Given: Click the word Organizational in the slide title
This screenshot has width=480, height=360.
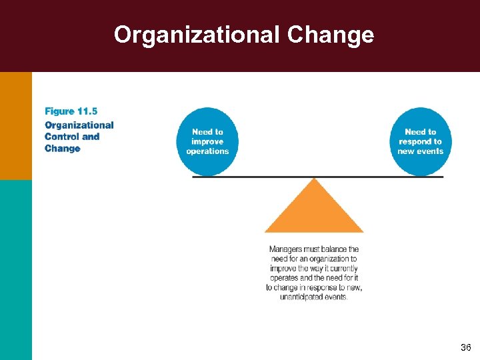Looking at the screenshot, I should click(x=197, y=34).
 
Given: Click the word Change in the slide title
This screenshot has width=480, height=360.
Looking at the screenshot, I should click(x=331, y=34).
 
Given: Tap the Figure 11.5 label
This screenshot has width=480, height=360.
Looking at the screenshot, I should click(x=71, y=111).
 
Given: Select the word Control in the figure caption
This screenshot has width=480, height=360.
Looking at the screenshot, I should click(x=62, y=137).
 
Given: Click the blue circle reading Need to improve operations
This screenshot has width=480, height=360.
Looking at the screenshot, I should click(x=207, y=141).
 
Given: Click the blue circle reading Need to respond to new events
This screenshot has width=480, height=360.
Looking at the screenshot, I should click(x=420, y=141).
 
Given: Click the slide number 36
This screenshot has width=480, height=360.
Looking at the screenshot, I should click(x=465, y=348).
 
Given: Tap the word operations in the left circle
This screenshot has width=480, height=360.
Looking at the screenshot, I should click(x=207, y=151).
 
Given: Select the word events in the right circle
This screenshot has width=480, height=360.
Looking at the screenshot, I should click(x=431, y=151).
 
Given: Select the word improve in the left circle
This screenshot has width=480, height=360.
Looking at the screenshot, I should click(x=207, y=141).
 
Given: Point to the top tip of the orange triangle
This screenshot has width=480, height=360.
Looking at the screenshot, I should click(x=314, y=179).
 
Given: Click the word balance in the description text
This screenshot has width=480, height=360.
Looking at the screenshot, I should click(x=329, y=249).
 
